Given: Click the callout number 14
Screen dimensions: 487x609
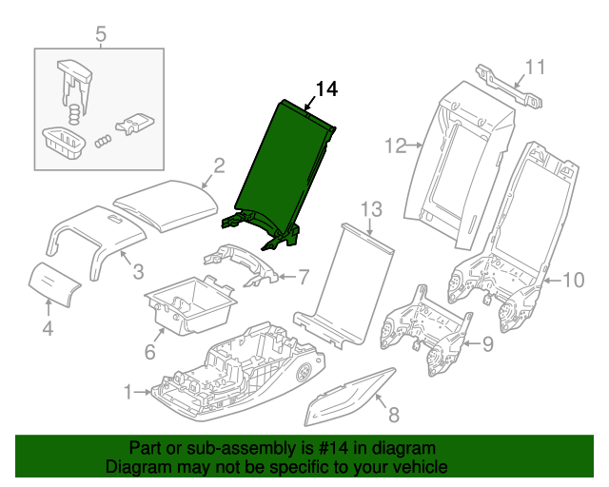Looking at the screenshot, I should tap(325, 89).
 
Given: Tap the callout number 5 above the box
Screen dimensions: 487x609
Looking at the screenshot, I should tap(101, 36).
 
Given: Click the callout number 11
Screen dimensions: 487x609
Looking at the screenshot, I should tap(536, 67).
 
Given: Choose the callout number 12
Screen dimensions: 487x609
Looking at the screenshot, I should tap(395, 146).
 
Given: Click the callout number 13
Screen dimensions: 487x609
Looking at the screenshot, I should tap(370, 208).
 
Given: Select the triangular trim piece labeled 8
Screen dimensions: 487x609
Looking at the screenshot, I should tap(347, 398).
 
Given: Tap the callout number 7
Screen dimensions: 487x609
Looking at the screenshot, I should tap(304, 278).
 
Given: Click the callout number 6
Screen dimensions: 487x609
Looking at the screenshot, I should tap(148, 353).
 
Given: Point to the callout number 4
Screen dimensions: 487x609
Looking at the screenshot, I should tap(48, 329).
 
